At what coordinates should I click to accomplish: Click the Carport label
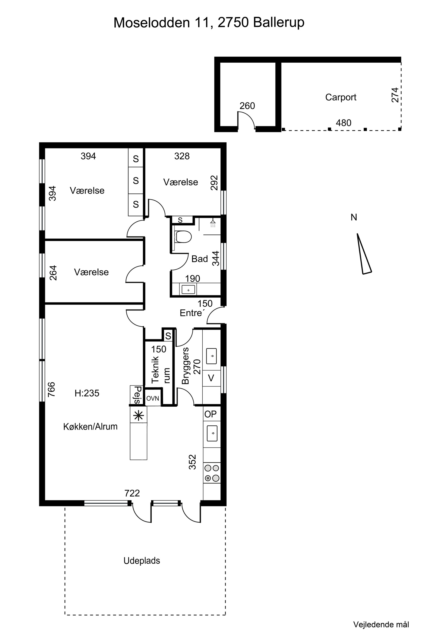pos(341,97)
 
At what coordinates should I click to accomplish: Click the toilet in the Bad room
pos(183,237)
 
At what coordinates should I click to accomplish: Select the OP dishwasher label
pos(210,414)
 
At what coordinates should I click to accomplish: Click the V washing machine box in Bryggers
pos(211,378)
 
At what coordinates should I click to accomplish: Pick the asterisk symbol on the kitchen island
pos(138,416)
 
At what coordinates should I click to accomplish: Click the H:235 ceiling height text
pos(87,393)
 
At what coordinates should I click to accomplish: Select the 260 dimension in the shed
pos(247,106)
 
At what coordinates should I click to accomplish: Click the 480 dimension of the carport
pos(343,123)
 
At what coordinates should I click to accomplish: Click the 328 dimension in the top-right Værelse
pos(182,156)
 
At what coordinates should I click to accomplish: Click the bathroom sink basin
pos(188,290)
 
